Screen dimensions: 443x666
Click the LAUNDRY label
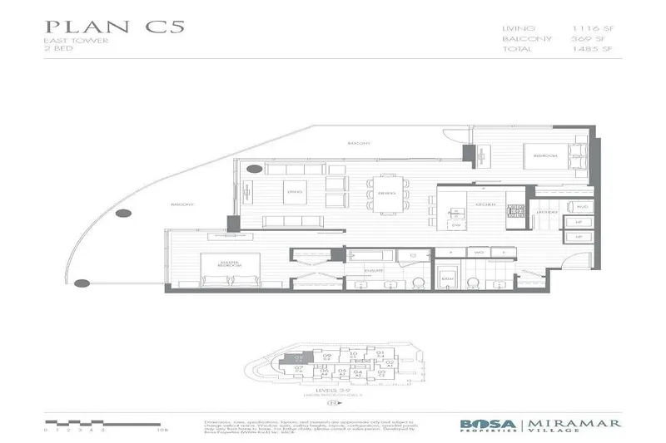[x=544, y=213]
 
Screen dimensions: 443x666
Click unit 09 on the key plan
[x=327, y=357]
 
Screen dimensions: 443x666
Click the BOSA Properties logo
[x=488, y=425]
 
